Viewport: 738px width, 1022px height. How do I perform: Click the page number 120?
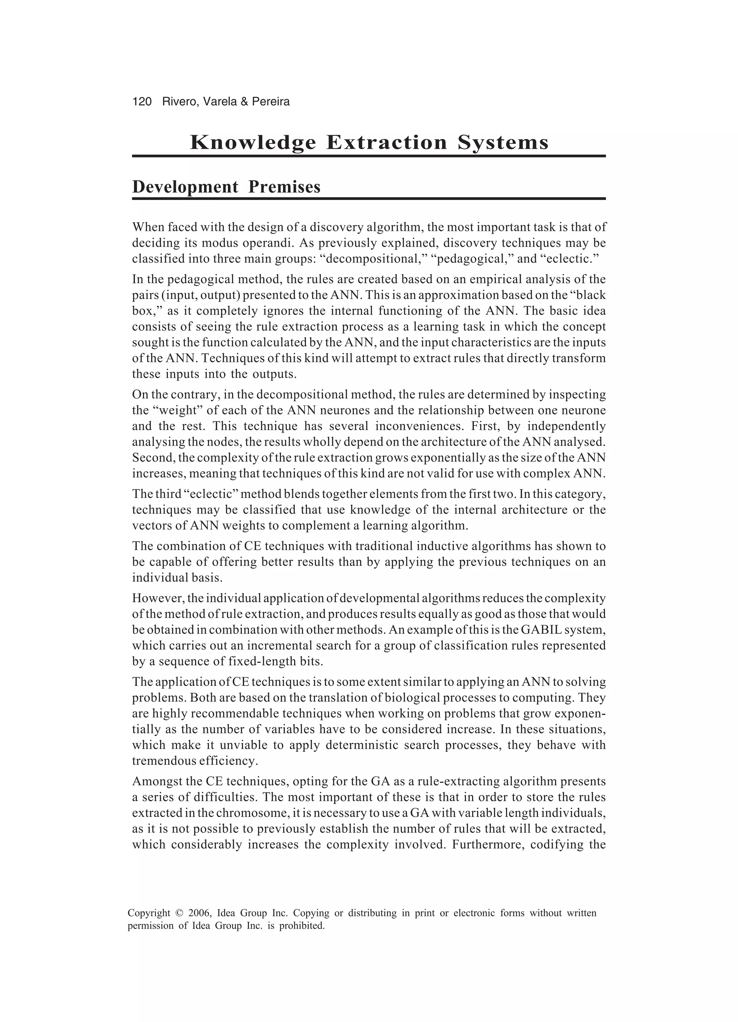coord(142,102)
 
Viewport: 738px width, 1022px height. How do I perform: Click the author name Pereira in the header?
coord(271,102)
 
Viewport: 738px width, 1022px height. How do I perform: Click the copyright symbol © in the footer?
coord(179,914)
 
